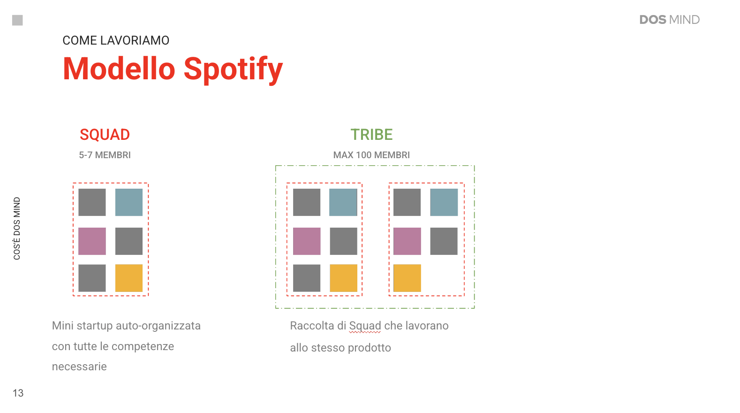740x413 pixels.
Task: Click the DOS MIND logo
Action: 669,20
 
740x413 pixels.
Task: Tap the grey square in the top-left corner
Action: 17,20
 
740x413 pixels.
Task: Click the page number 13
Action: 18,393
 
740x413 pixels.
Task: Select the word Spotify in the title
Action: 233,69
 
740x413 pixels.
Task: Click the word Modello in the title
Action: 119,69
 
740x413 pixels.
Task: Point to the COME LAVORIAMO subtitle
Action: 116,40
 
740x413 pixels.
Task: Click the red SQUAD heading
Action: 105,135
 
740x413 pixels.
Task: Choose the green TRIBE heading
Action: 372,135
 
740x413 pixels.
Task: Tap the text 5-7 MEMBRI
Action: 105,155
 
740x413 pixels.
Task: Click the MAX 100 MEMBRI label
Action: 372,155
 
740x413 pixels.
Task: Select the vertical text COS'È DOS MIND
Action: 17,229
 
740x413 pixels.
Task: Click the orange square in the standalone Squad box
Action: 129,278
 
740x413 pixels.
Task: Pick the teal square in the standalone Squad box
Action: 129,202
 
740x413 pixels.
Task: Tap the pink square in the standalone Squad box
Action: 92,241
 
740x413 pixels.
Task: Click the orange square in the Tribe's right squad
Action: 408,278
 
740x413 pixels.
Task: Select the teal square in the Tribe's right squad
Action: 444,202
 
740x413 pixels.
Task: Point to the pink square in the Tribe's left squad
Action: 307,241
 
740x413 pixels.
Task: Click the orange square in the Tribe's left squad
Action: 344,278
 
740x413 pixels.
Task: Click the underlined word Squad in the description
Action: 365,326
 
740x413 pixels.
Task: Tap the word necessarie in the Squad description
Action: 79,367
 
